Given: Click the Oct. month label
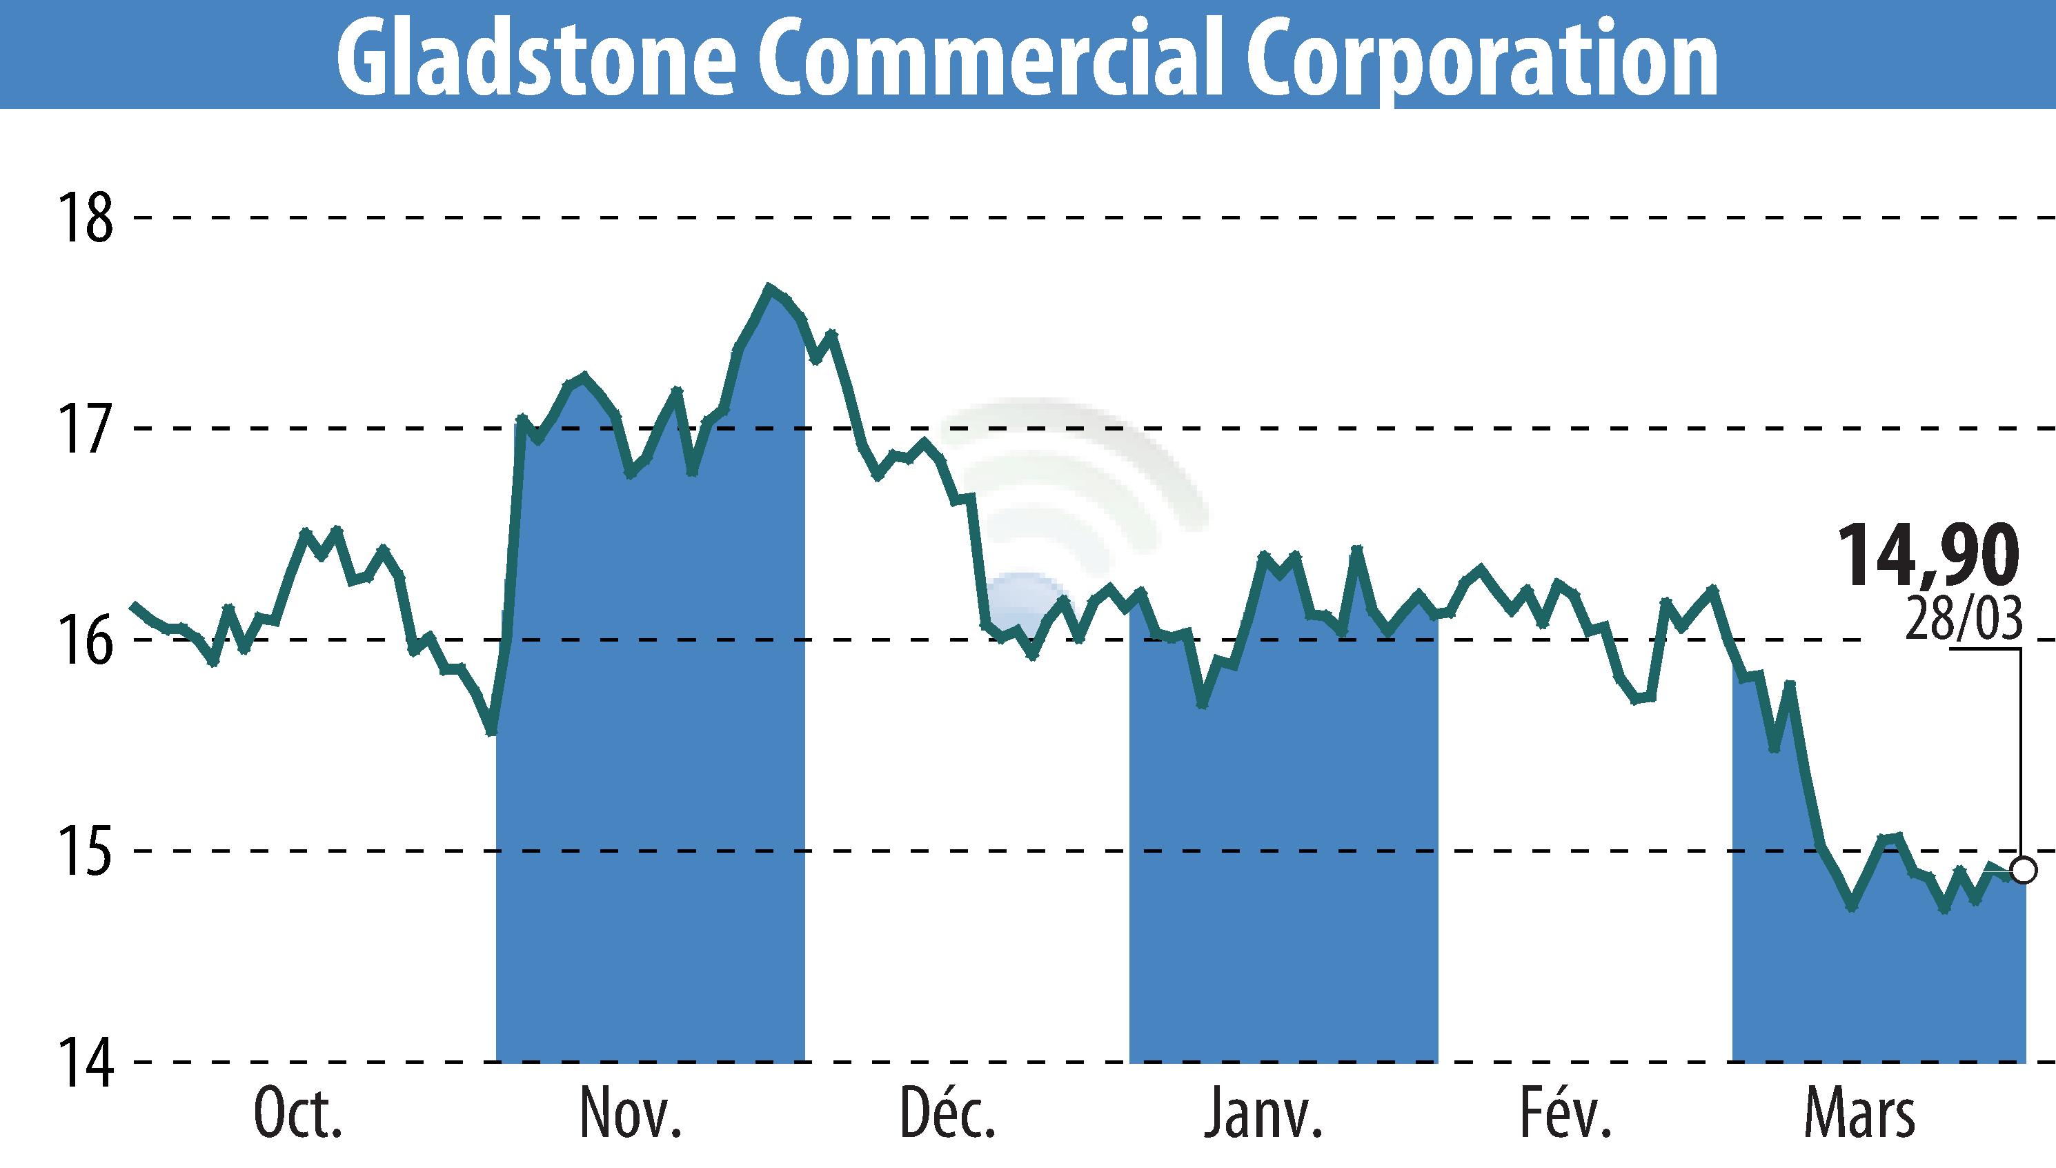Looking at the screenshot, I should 297,1114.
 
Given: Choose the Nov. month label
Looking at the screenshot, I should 631,1114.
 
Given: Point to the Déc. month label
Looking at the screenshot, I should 947,1114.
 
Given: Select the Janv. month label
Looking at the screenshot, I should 1262,1114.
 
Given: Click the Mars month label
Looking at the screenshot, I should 1859,1114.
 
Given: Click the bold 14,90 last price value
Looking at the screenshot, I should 1927,556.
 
